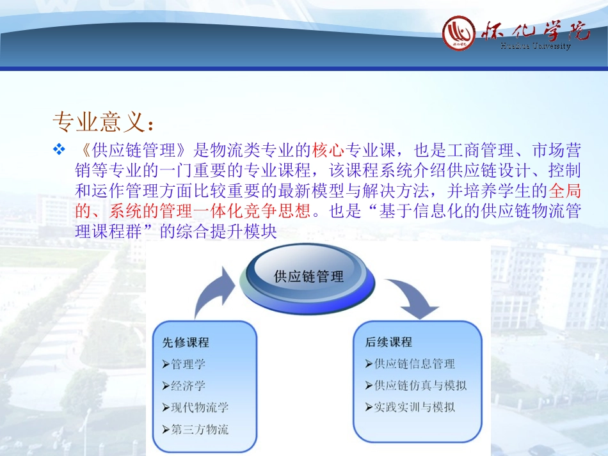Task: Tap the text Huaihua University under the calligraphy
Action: (x=535, y=46)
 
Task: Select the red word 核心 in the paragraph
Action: (x=328, y=151)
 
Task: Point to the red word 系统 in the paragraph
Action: (x=125, y=211)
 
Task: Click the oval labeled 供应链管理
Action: (x=309, y=276)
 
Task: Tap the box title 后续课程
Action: (x=388, y=342)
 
